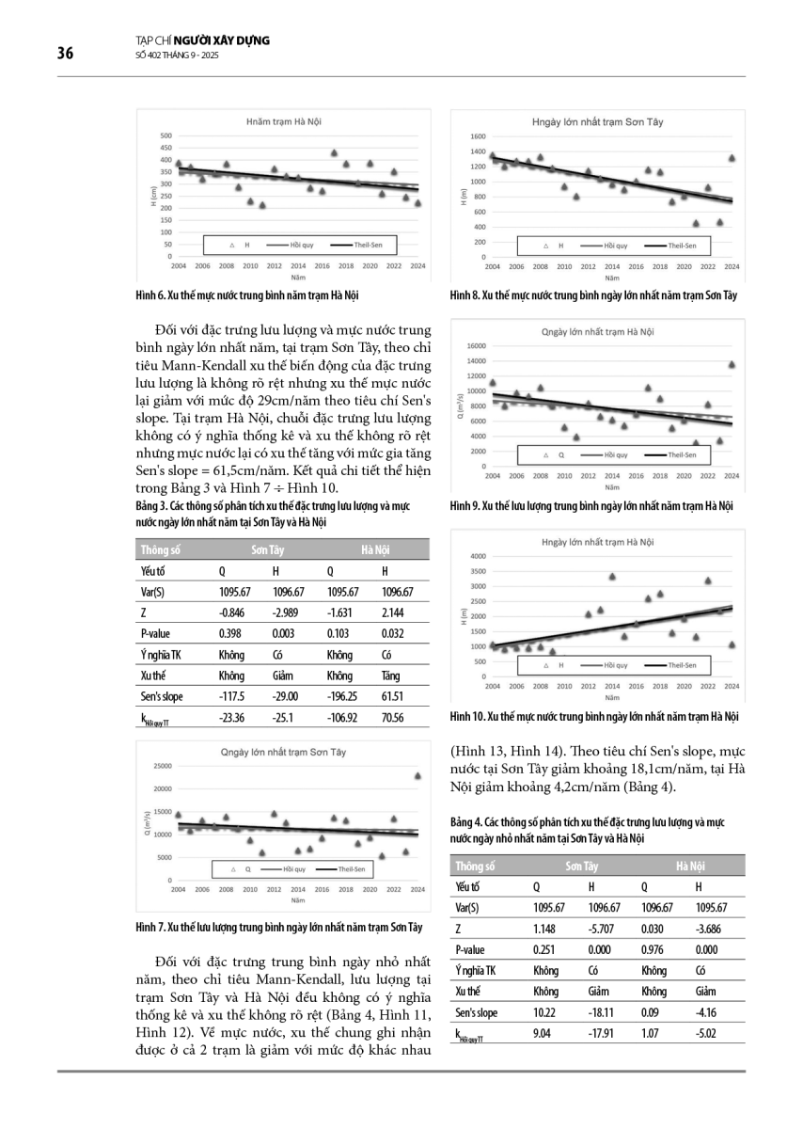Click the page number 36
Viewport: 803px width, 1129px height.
coord(65,53)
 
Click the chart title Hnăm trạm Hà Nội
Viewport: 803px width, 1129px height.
coord(280,122)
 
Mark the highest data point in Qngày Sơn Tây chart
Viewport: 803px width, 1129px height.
coord(417,775)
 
